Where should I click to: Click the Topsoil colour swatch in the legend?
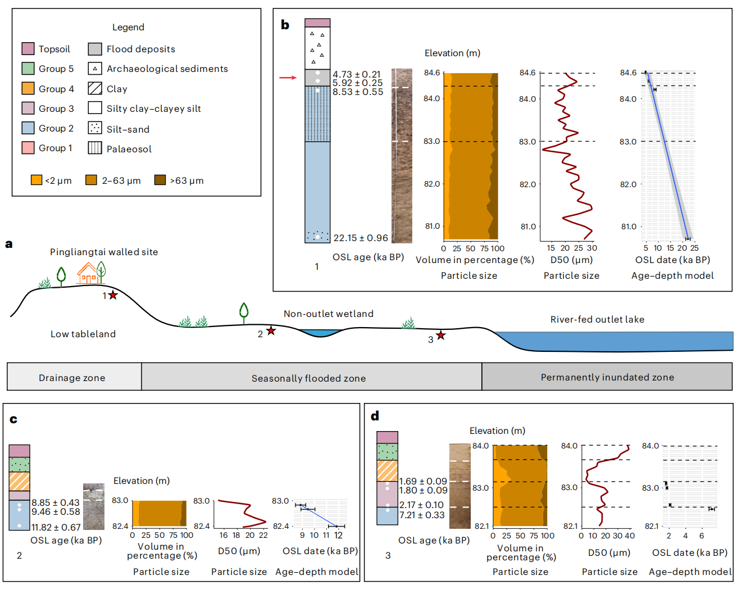(x=28, y=49)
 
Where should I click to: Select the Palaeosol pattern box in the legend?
(x=95, y=148)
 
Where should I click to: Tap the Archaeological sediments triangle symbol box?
(x=95, y=69)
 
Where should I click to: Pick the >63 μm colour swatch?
(x=160, y=180)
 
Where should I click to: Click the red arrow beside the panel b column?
(x=288, y=77)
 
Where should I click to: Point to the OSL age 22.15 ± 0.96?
(x=361, y=238)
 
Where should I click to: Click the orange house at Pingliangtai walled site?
(x=87, y=273)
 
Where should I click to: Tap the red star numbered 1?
(x=113, y=295)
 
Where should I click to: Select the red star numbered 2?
(x=271, y=330)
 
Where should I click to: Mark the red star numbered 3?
(x=441, y=336)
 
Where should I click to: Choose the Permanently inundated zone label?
(x=607, y=377)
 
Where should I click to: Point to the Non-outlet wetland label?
(x=329, y=314)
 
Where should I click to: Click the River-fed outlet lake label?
(x=597, y=319)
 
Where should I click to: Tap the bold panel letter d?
(x=375, y=416)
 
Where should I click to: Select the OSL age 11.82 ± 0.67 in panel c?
(x=56, y=527)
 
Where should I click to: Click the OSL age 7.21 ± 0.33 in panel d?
(x=422, y=515)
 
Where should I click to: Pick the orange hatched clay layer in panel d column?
(x=387, y=470)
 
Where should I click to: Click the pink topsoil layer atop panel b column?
(x=317, y=22)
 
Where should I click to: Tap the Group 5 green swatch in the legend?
(x=28, y=69)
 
